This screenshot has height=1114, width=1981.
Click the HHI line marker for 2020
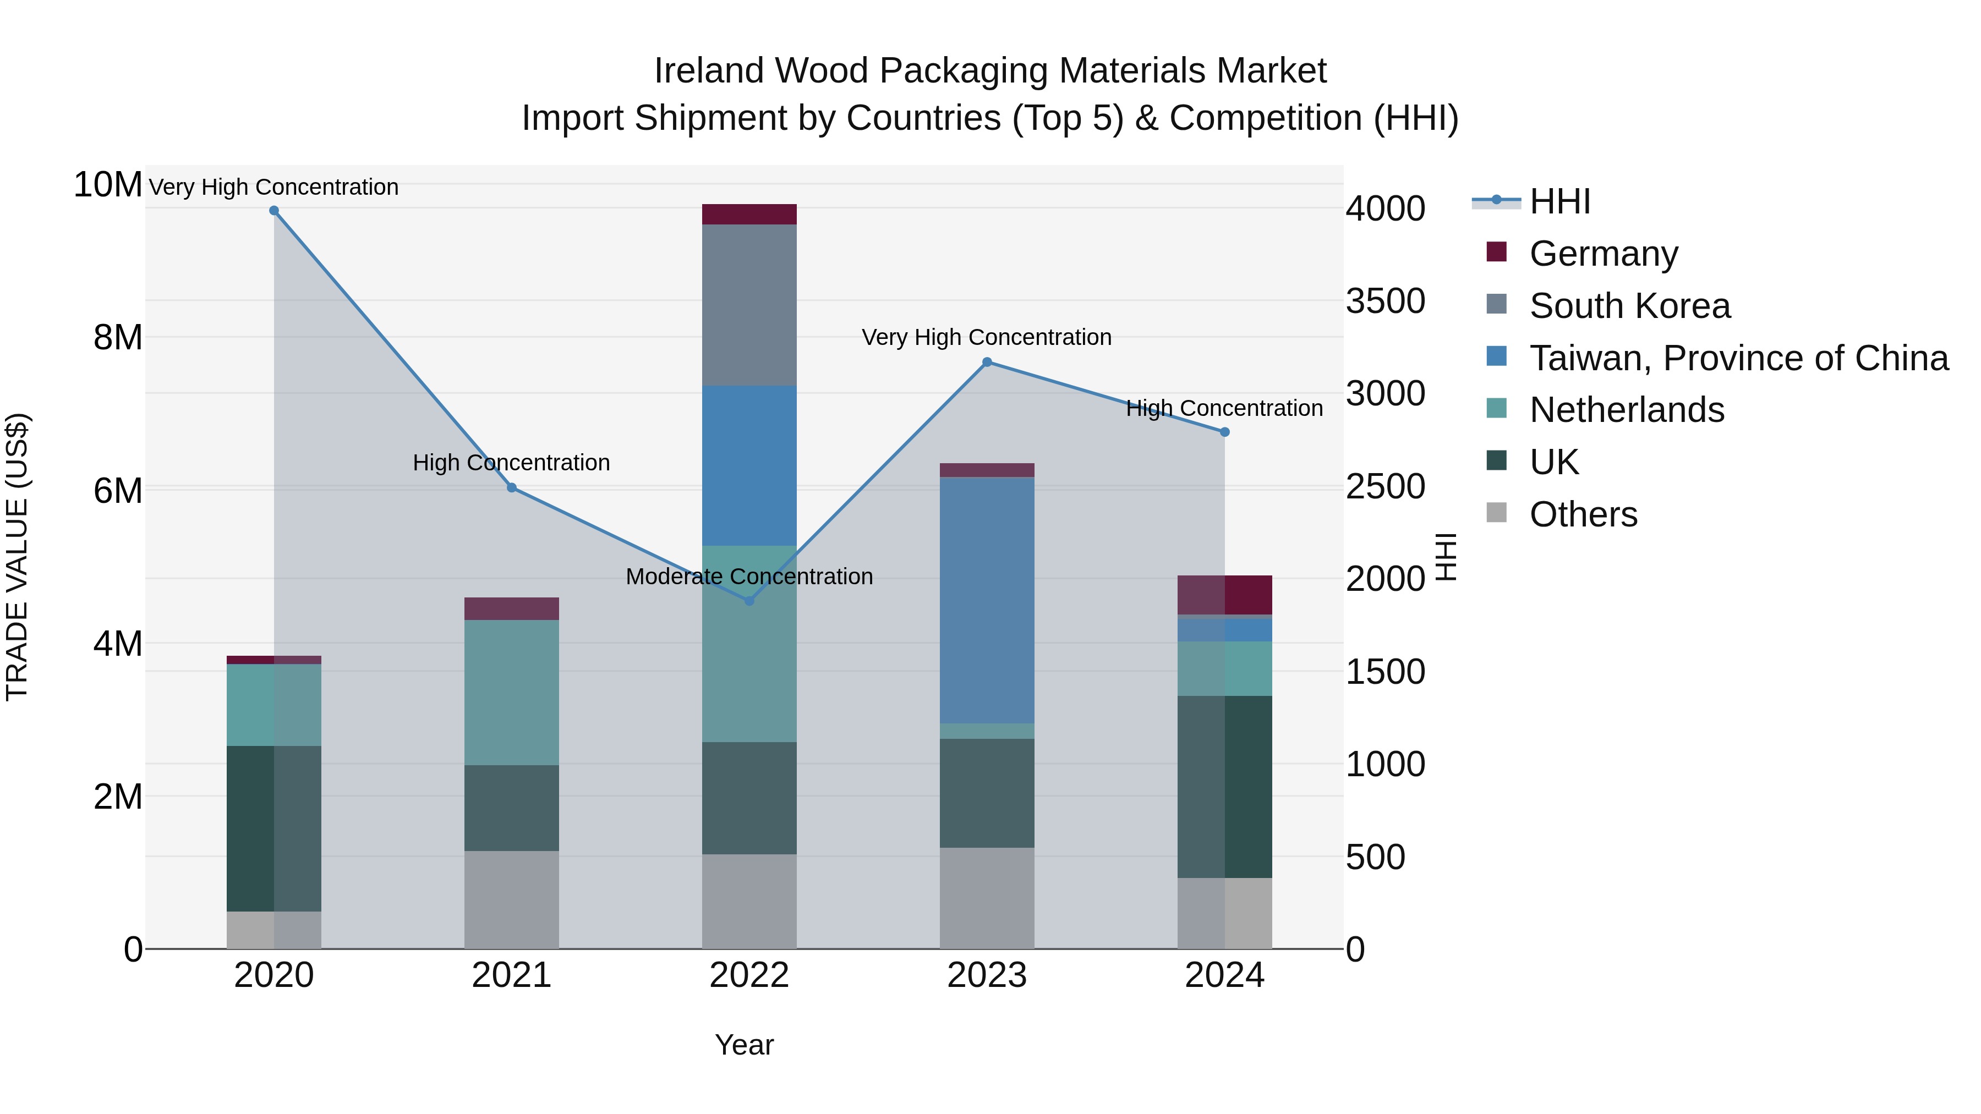274,211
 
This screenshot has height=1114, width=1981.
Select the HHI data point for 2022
750,600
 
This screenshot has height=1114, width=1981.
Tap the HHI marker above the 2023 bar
987,362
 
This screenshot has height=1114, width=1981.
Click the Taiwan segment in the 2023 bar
987,600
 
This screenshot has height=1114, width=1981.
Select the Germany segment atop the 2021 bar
511,608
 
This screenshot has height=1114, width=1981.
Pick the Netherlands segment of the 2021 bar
511,692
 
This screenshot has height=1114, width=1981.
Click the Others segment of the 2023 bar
987,898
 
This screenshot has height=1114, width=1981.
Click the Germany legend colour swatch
1497,252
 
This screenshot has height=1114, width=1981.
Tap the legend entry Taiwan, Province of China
1738,358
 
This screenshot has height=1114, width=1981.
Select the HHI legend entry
1559,201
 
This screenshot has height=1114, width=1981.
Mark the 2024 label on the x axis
1224,975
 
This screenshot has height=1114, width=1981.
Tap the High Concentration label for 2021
511,463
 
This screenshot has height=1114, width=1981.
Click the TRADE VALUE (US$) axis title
18,557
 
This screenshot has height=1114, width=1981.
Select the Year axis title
743,1045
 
